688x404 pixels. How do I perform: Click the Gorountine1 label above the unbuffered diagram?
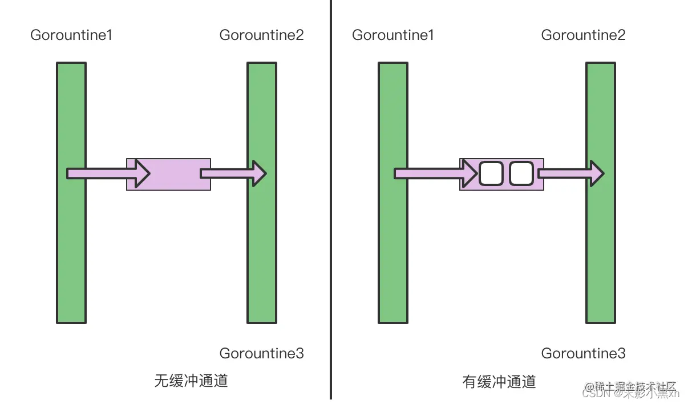pyautogui.click(x=71, y=35)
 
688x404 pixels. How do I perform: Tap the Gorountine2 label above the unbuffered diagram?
pyautogui.click(x=262, y=35)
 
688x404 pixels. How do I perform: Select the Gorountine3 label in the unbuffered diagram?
pyautogui.click(x=262, y=354)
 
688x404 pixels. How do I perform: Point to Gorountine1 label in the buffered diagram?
pyautogui.click(x=393, y=35)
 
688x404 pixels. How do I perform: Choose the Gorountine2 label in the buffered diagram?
pyautogui.click(x=584, y=35)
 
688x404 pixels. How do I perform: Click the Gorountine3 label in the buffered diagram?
pyautogui.click(x=584, y=354)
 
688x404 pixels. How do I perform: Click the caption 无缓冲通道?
pyautogui.click(x=191, y=381)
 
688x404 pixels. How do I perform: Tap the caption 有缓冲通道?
pyautogui.click(x=500, y=382)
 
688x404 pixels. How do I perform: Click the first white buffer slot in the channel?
pyautogui.click(x=491, y=173)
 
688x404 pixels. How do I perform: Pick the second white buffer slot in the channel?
pyautogui.click(x=521, y=173)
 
